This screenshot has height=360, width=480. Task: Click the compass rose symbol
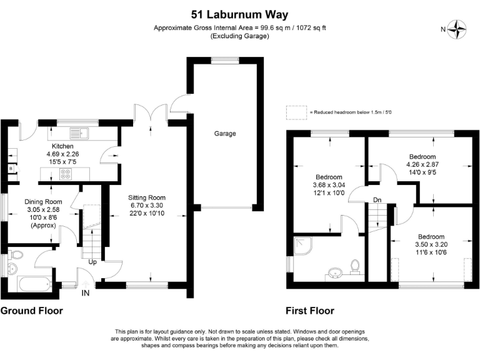457,29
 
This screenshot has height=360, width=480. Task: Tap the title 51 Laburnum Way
240,14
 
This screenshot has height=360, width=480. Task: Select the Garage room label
225,134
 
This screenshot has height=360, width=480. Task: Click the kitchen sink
79,133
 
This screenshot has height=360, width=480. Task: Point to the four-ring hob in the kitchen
66,174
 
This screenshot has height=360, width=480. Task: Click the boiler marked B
11,168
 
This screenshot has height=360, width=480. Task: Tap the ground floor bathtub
35,284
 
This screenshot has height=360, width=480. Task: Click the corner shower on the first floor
302,245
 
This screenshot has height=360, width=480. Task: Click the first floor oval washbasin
336,272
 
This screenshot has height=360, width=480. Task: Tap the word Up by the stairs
92,262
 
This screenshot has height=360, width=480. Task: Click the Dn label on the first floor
377,200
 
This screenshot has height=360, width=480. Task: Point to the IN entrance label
86,293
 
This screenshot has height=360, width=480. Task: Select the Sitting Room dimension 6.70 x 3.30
147,206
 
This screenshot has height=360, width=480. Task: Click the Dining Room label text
43,202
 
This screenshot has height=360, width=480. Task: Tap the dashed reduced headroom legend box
296,112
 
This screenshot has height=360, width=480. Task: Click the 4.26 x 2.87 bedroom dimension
422,164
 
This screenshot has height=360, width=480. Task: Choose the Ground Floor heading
31,311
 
